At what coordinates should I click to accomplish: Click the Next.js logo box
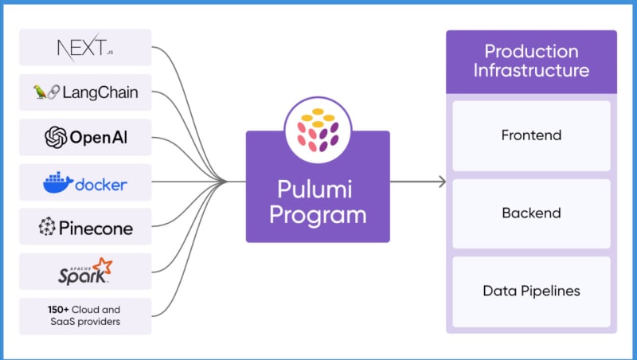tap(85, 48)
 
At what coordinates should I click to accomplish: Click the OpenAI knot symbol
tap(56, 138)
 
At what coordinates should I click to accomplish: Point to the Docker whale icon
tap(57, 183)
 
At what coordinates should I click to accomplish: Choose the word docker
tap(100, 185)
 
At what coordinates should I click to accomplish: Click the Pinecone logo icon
tap(47, 229)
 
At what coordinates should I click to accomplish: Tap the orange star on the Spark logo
tap(102, 266)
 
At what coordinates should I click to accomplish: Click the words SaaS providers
tap(85, 323)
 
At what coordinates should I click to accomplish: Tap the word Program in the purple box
tap(318, 215)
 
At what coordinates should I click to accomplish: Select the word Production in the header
tap(531, 52)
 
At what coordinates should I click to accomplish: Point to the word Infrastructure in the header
tap(531, 70)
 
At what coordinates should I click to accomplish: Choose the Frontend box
tap(531, 135)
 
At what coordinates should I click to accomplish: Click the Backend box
tap(531, 213)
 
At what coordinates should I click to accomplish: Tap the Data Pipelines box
tap(531, 291)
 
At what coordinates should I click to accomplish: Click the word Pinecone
tap(96, 229)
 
